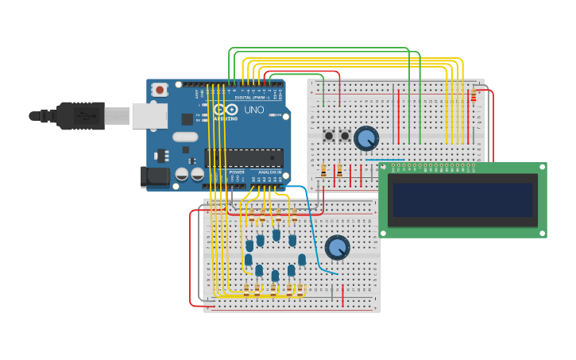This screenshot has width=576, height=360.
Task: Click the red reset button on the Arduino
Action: click(x=160, y=90)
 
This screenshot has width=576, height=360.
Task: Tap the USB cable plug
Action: click(x=80, y=116)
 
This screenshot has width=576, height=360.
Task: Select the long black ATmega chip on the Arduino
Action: click(x=244, y=157)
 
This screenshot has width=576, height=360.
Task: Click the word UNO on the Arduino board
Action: click(x=253, y=110)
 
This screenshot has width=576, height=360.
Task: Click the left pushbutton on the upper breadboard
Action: click(x=329, y=136)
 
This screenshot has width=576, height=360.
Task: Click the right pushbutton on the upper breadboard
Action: click(x=345, y=136)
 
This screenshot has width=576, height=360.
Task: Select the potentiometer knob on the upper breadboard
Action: click(x=365, y=138)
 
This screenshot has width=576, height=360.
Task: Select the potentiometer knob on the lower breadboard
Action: click(x=337, y=247)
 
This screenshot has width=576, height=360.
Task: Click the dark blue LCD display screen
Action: click(x=462, y=199)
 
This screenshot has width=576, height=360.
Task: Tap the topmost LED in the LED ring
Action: click(x=276, y=234)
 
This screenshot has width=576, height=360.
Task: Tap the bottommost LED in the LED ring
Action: click(x=275, y=276)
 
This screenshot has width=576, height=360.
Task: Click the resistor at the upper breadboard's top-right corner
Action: click(x=474, y=95)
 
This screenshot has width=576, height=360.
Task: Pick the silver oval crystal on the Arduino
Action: click(x=185, y=137)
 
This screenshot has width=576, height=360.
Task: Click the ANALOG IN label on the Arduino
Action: click(x=269, y=172)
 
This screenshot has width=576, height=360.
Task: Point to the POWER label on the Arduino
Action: click(x=237, y=172)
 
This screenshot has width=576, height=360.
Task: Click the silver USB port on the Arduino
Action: click(x=149, y=116)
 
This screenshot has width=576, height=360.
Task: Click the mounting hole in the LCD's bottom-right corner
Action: click(x=542, y=232)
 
